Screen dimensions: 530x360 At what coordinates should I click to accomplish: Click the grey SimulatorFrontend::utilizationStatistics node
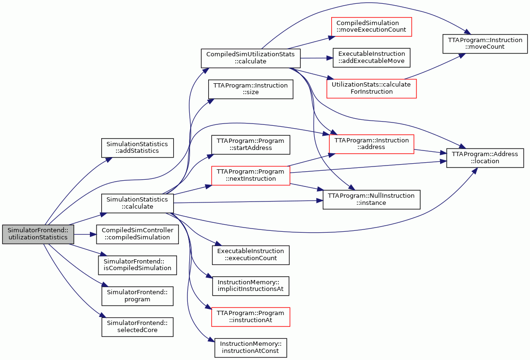(x=38, y=234)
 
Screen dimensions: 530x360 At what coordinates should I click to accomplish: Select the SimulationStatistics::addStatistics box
(x=137, y=148)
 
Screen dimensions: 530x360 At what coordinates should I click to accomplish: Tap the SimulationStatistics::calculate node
(x=137, y=203)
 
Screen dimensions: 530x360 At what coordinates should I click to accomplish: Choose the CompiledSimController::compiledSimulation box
(x=137, y=234)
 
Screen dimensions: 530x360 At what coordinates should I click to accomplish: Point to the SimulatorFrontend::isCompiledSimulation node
(x=137, y=265)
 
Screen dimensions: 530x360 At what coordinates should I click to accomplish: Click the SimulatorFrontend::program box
(x=137, y=296)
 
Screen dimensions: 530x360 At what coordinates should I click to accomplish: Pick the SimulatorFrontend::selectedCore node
(x=137, y=327)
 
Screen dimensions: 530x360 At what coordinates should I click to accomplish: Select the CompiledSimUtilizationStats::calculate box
(x=250, y=58)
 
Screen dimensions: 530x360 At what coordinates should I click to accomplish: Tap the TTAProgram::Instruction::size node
(x=250, y=89)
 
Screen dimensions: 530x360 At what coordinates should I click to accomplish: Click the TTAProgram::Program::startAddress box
(x=250, y=144)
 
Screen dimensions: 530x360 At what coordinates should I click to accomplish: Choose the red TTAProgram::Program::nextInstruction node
(x=250, y=176)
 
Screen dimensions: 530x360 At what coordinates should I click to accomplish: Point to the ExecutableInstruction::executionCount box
(x=250, y=255)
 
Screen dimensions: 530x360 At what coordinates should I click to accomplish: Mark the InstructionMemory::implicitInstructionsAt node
(x=250, y=286)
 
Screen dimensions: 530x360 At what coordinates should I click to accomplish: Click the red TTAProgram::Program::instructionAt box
(x=250, y=317)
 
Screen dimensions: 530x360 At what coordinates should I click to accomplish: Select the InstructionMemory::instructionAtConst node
(x=250, y=348)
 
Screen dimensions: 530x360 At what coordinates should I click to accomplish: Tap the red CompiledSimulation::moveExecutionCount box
(x=371, y=26)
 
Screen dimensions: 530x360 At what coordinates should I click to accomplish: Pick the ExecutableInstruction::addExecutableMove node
(x=371, y=57)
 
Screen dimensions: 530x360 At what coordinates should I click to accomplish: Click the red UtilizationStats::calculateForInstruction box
(x=371, y=88)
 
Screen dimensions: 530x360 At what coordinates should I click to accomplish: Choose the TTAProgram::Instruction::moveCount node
(x=485, y=44)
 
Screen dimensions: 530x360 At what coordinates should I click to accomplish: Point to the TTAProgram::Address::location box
(x=485, y=158)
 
